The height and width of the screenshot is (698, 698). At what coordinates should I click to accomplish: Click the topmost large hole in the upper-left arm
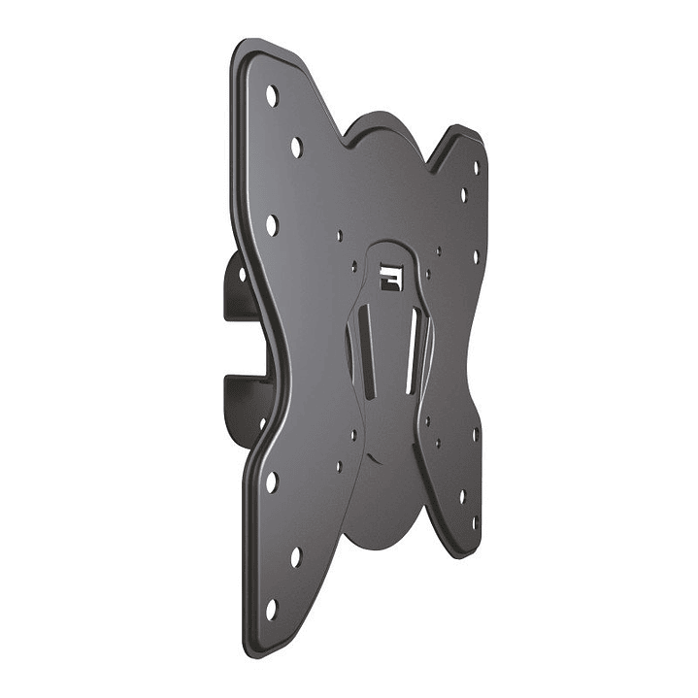272,96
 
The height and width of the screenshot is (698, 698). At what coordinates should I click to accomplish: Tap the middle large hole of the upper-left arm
296,148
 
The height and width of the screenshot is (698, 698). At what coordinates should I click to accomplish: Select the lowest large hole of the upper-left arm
272,225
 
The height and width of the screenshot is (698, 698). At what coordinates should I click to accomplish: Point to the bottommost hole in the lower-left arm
272,609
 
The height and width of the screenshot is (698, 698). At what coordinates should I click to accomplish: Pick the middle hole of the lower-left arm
296,557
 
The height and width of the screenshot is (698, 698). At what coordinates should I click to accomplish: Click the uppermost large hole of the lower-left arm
272,482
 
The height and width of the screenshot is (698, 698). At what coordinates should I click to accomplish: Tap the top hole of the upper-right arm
476,167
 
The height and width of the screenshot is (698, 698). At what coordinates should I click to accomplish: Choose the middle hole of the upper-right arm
464,194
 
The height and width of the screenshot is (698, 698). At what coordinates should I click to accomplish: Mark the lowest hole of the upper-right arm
476,257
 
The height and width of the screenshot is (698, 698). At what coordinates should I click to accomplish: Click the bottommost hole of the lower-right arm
476,522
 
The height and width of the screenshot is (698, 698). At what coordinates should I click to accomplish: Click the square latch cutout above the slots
390,276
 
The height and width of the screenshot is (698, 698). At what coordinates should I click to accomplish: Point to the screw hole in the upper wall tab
243,275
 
